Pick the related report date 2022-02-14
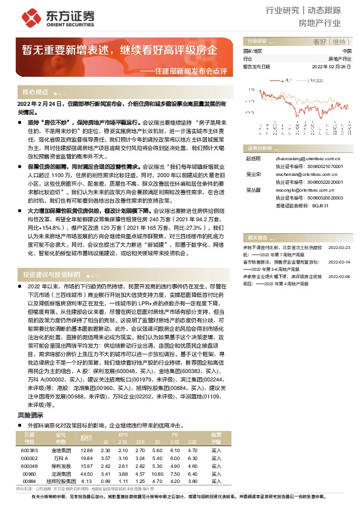coord(338,245)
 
